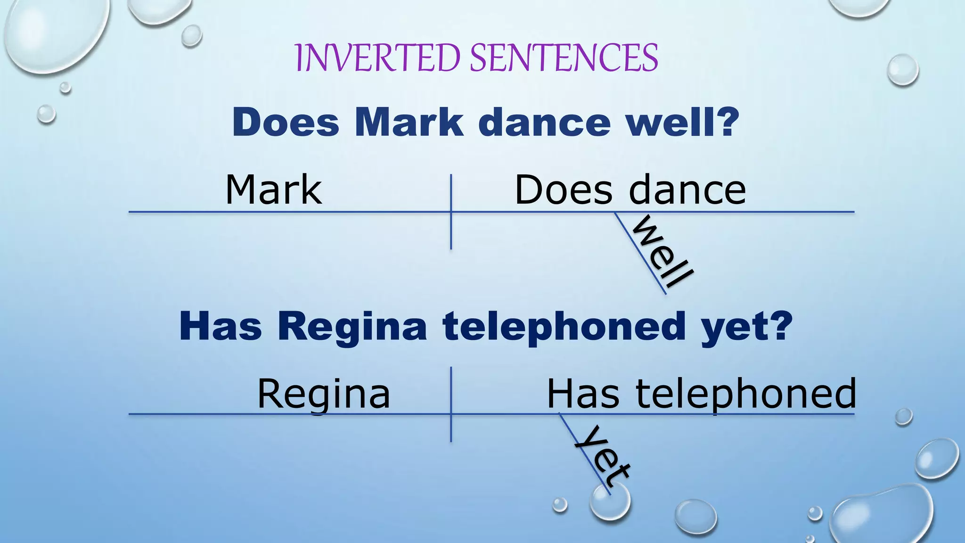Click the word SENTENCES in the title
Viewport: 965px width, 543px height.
click(x=564, y=58)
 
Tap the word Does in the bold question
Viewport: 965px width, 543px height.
click(x=286, y=122)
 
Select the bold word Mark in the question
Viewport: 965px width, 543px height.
click(x=409, y=122)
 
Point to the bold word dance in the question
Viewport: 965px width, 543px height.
click(x=544, y=122)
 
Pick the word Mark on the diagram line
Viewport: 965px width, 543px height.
click(x=274, y=189)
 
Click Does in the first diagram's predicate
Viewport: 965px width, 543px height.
click(x=564, y=189)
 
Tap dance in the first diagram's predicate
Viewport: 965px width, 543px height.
click(x=687, y=189)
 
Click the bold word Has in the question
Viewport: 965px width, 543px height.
click(x=220, y=326)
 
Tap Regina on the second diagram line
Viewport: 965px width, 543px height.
click(x=324, y=394)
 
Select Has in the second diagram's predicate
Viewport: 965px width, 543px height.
click(x=583, y=394)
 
